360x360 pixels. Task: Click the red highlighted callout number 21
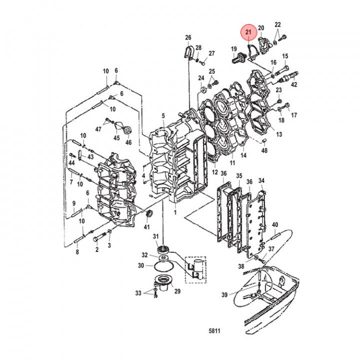(x=248, y=32)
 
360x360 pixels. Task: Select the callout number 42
(x=294, y=85)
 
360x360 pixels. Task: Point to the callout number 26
(x=188, y=38)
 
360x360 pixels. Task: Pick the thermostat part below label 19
(x=236, y=59)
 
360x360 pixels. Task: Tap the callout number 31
(x=155, y=236)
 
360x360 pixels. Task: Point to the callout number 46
(x=129, y=142)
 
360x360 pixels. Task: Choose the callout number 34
(x=261, y=180)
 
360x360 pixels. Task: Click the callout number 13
(x=279, y=134)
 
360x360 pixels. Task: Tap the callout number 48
(x=264, y=150)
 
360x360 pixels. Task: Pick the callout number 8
(x=77, y=253)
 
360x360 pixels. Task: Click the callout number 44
(x=72, y=163)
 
